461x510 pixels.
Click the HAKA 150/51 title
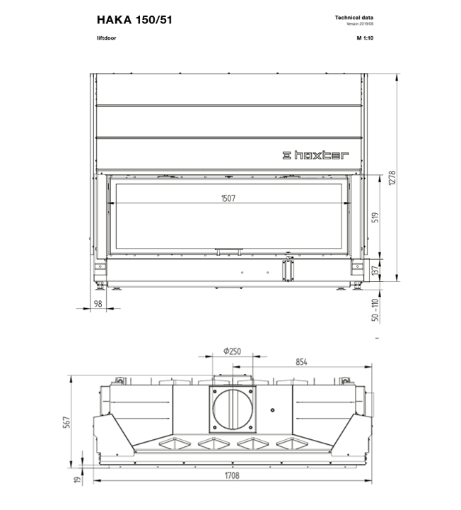coord(134,20)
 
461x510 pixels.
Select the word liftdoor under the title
coord(107,38)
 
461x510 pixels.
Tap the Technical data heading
coord(354,18)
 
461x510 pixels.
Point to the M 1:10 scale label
coord(366,38)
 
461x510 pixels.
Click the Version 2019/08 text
coord(360,24)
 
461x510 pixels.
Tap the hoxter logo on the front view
coord(315,155)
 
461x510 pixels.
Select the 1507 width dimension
coord(228,198)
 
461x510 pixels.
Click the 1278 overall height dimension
coord(392,178)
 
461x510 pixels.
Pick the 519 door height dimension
coord(375,217)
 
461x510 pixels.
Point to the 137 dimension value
coord(375,271)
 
